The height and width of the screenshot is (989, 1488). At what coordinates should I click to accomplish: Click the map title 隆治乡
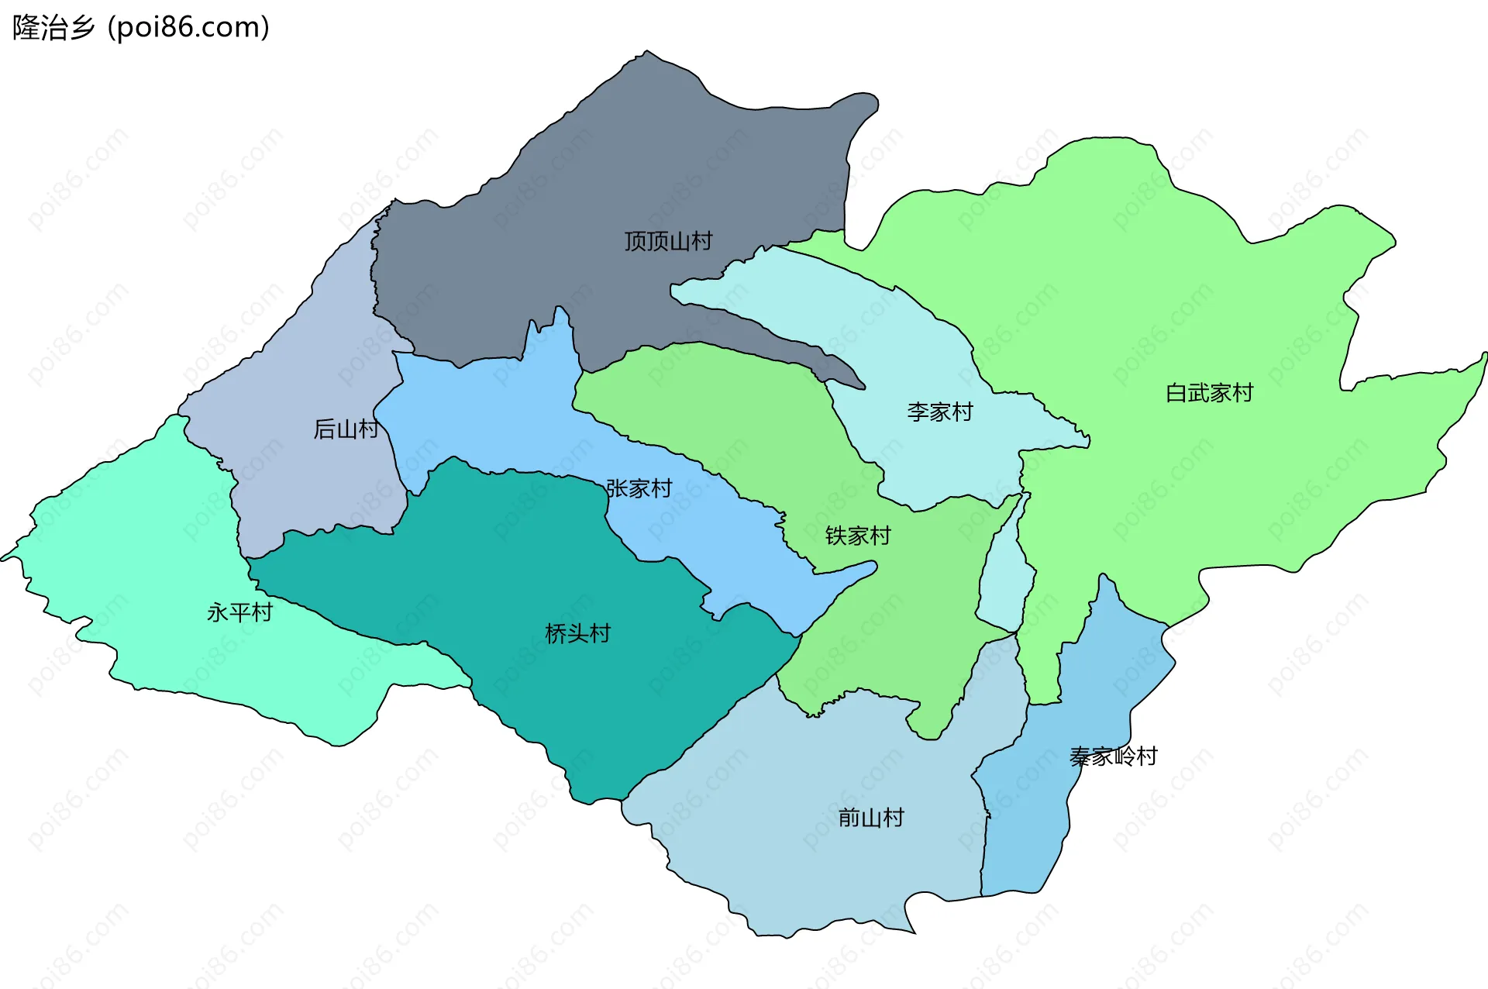(53, 28)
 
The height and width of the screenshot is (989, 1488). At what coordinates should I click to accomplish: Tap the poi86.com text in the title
(189, 28)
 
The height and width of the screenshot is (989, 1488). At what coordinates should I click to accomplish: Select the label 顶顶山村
(668, 241)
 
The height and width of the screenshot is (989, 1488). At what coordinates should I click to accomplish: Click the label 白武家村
(1209, 393)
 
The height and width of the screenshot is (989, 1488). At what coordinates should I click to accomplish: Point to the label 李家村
(939, 412)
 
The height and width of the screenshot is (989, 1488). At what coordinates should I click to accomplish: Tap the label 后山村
(346, 429)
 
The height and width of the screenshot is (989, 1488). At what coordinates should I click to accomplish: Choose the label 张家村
(639, 488)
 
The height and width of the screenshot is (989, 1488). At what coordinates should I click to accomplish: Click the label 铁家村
(858, 536)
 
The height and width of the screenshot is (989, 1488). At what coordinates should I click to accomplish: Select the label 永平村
(239, 612)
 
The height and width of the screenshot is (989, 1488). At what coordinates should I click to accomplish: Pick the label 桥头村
(577, 633)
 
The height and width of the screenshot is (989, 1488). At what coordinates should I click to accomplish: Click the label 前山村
(870, 817)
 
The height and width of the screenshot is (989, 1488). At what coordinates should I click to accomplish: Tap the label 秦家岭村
(1113, 756)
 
